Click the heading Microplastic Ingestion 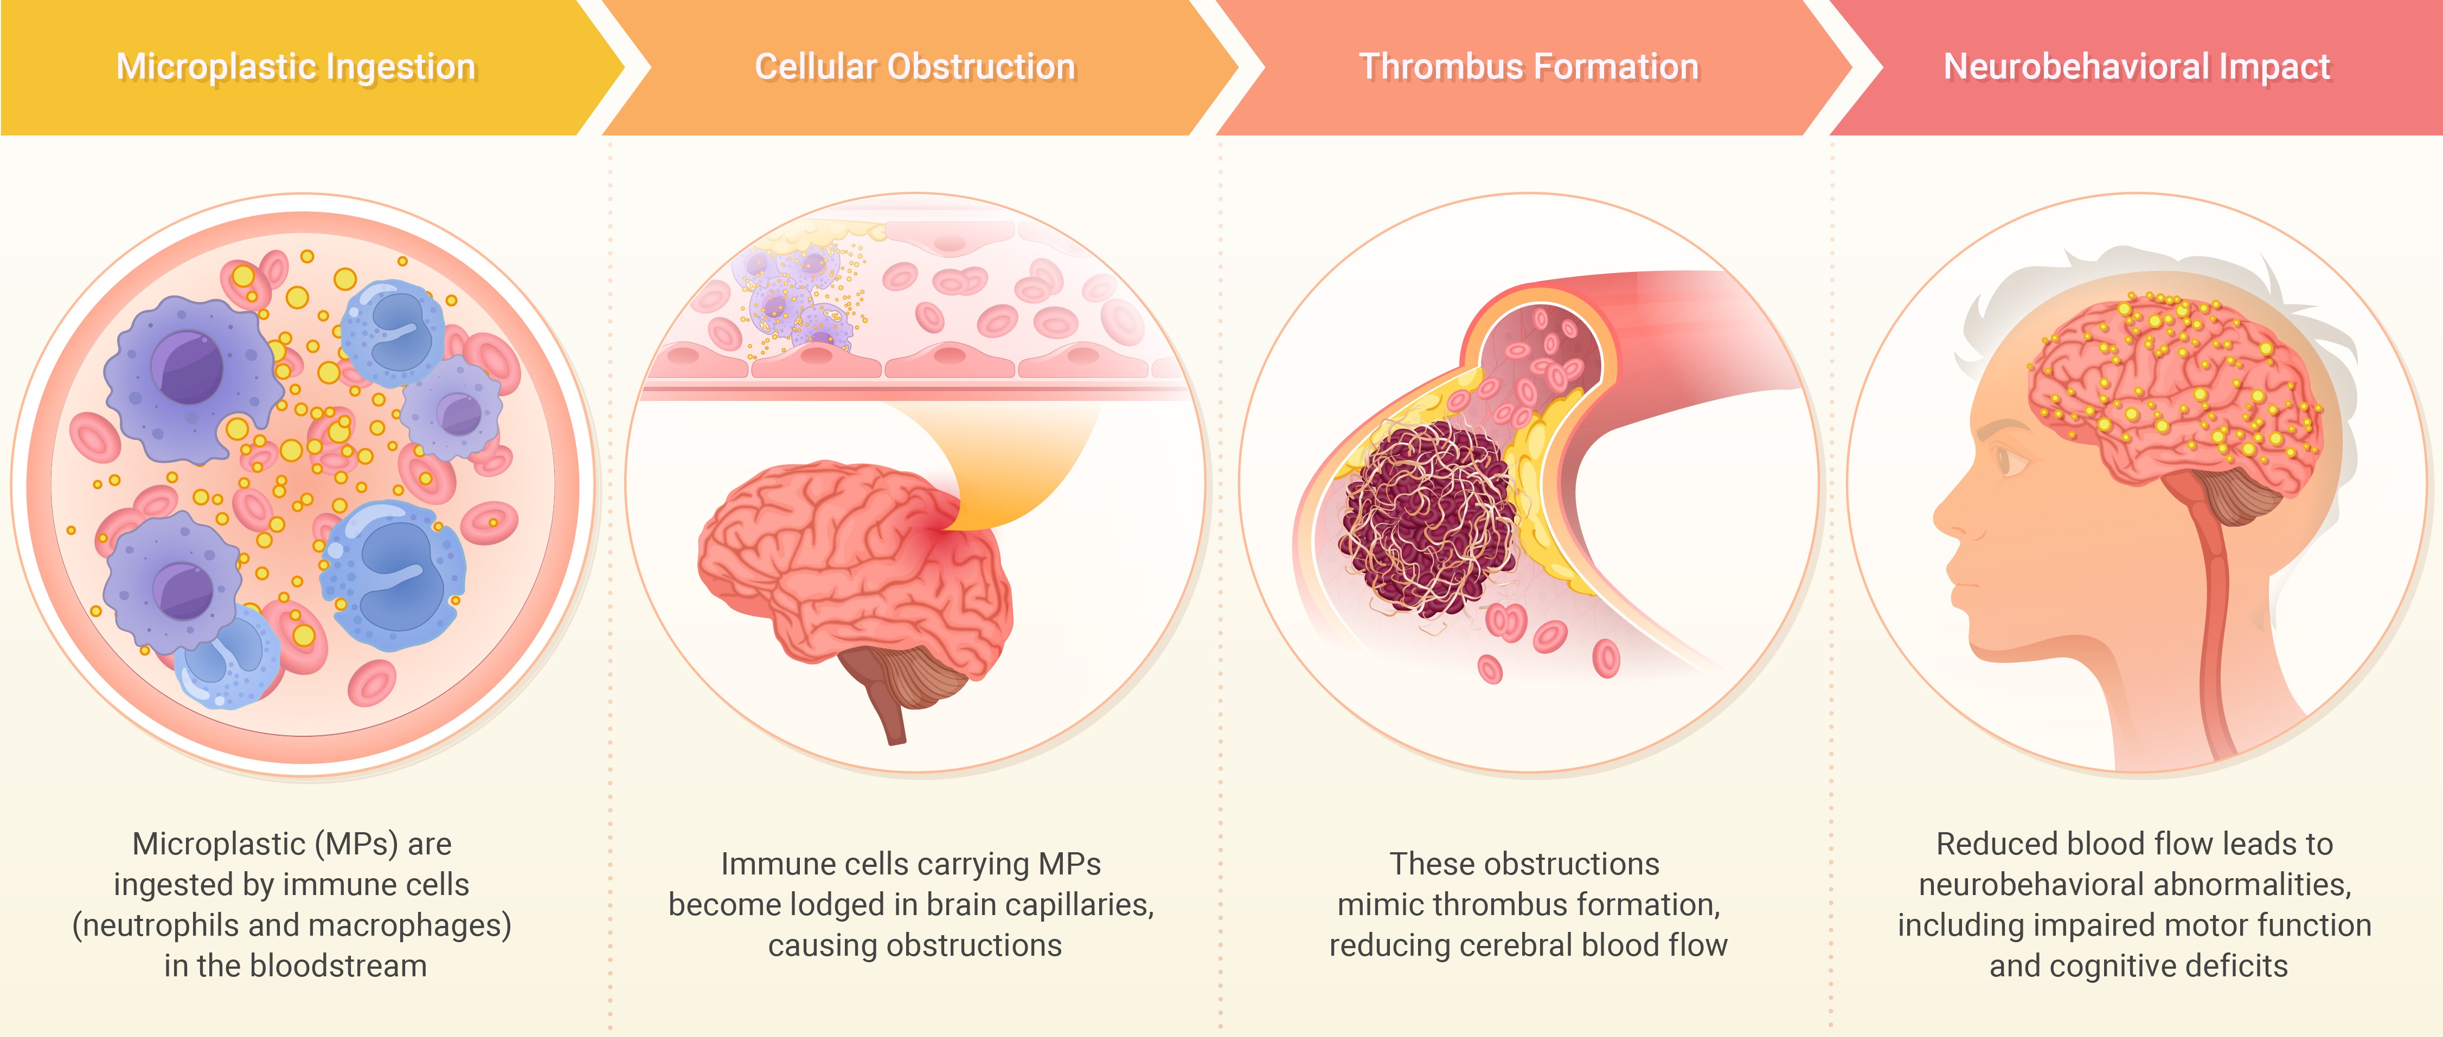coord(296,67)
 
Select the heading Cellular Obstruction coord(915,67)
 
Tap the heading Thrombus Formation coord(1529,67)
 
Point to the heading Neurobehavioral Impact coord(2137,67)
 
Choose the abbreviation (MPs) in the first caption coord(361,844)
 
